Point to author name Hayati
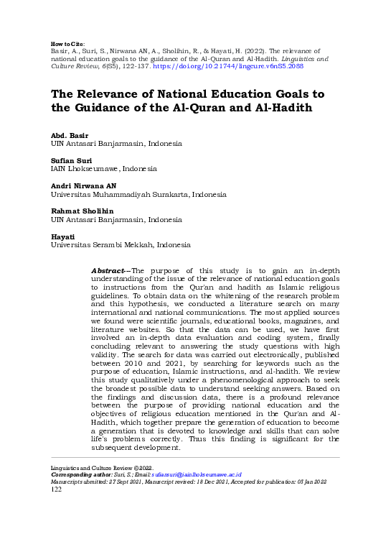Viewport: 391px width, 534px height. [x=61, y=236]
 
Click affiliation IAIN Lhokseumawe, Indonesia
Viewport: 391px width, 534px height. [x=103, y=168]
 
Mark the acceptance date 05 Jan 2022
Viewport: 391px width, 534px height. [x=314, y=482]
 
